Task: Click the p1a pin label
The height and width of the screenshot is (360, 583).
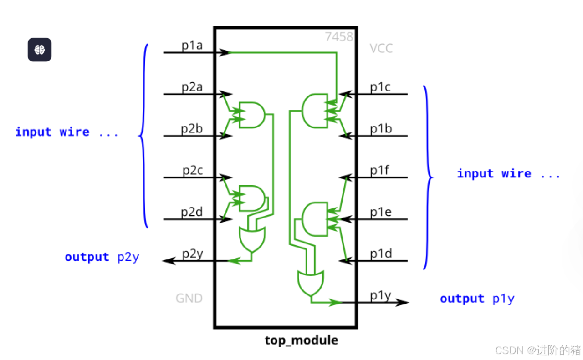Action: pos(192,46)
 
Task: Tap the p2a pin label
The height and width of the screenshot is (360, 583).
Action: pos(192,87)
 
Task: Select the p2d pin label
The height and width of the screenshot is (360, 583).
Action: pos(192,212)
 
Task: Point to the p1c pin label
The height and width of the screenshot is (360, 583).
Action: pos(380,87)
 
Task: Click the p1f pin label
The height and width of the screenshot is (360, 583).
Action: pos(380,171)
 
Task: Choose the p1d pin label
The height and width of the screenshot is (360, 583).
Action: pos(381,254)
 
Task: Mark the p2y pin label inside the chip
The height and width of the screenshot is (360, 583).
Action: pos(193,254)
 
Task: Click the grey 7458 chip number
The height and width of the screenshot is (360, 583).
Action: pos(339,36)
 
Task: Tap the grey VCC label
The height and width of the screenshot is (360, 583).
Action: pos(381,48)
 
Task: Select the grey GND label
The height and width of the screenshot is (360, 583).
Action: pos(189,299)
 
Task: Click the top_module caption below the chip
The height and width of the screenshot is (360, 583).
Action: pos(302,340)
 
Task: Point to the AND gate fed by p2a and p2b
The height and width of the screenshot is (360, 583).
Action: pos(251,115)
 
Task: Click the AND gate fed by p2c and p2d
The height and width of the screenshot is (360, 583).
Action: pos(251,198)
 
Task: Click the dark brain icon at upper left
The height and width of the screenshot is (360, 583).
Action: pos(40,50)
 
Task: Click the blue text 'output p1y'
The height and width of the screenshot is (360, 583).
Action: pos(477,299)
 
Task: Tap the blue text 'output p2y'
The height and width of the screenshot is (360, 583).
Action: pos(102,257)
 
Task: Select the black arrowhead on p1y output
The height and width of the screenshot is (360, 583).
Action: pos(402,302)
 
